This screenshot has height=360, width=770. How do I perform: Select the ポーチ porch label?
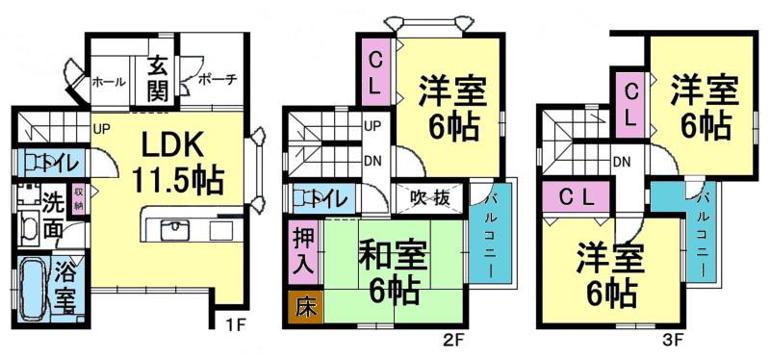[x=218, y=79]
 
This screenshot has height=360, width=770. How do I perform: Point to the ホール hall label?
[x=108, y=82]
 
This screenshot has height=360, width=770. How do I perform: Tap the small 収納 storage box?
[x=79, y=199]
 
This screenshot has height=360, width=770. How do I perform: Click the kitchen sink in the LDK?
[x=176, y=229]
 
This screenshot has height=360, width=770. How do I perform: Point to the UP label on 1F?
[x=100, y=124]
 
